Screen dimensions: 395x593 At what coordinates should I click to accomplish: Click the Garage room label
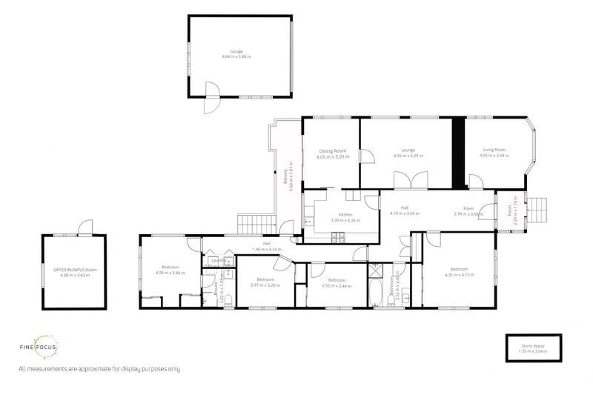pyautogui.click(x=236, y=52)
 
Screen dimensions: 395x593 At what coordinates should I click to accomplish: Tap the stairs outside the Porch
pyautogui.click(x=539, y=210)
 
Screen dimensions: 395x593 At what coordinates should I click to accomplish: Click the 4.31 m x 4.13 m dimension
pyautogui.click(x=459, y=275)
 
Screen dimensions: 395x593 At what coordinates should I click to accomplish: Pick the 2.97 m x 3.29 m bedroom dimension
pyautogui.click(x=264, y=285)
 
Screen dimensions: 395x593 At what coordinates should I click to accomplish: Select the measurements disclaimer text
pyautogui.click(x=99, y=368)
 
